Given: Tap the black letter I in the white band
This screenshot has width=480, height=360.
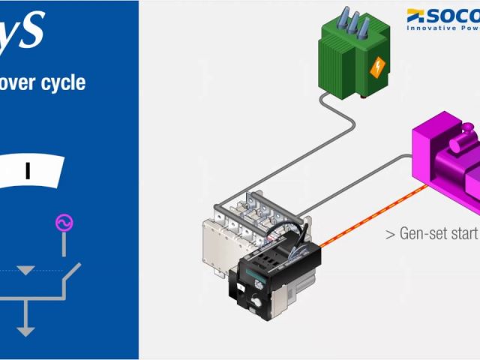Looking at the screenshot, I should (x=28, y=171).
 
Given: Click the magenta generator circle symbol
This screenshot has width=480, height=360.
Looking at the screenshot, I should (x=64, y=223).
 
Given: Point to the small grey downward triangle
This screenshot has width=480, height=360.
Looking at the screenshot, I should (x=26, y=269).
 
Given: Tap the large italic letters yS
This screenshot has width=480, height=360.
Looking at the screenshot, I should (x=22, y=30).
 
